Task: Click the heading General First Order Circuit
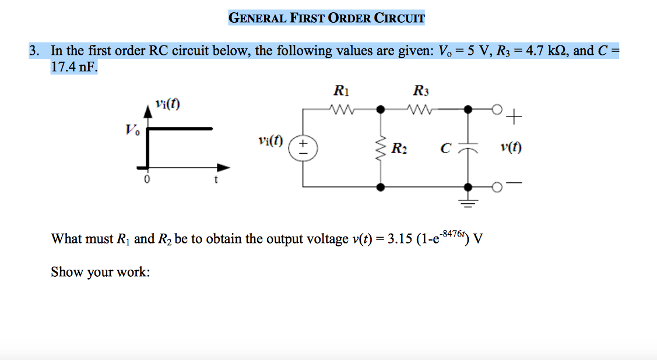pyautogui.click(x=326, y=17)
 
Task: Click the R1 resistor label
pyautogui.click(x=340, y=91)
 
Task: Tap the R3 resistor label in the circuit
pyautogui.click(x=420, y=91)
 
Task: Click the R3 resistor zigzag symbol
pyautogui.click(x=419, y=108)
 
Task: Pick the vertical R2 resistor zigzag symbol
pyautogui.click(x=381, y=148)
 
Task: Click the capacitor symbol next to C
pyautogui.click(x=468, y=148)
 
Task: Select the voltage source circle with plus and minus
pyautogui.click(x=303, y=148)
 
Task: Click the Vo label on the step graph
pyautogui.click(x=132, y=129)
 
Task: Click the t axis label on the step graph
pyautogui.click(x=216, y=180)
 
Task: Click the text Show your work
pyautogui.click(x=100, y=272)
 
